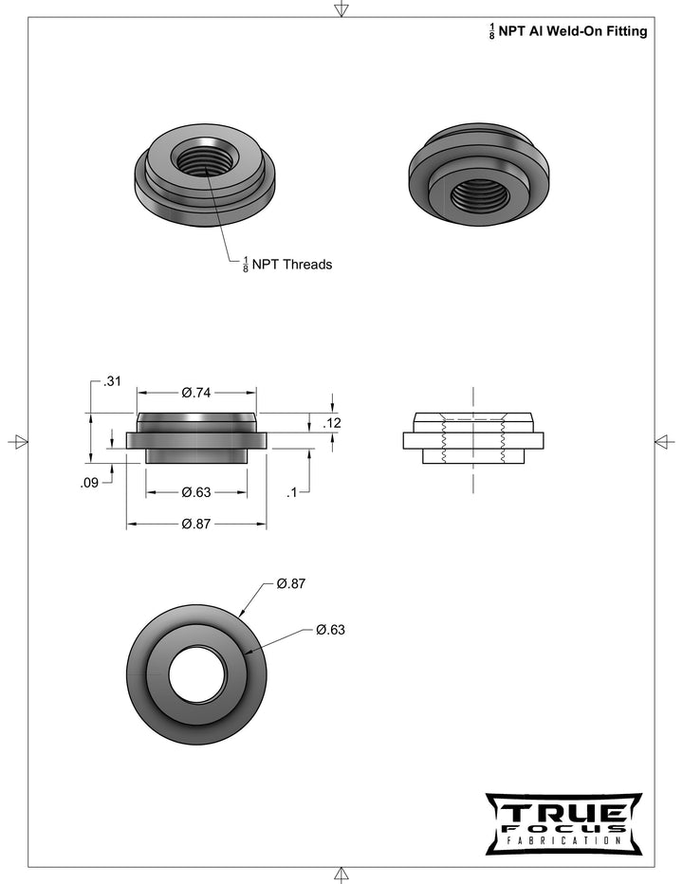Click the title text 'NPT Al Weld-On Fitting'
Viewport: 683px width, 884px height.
[x=573, y=31]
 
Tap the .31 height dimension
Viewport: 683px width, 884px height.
[x=112, y=381]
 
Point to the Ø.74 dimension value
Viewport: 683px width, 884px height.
[x=195, y=393]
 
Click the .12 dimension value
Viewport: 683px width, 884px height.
[x=331, y=424]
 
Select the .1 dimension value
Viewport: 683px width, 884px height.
[x=293, y=492]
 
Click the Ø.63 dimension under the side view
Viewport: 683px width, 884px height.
[x=195, y=492]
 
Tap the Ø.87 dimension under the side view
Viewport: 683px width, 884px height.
[x=195, y=525]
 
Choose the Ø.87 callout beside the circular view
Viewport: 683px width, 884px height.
[x=291, y=584]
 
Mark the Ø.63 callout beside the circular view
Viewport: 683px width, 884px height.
[x=330, y=630]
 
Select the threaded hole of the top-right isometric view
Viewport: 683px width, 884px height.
[x=480, y=194]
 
